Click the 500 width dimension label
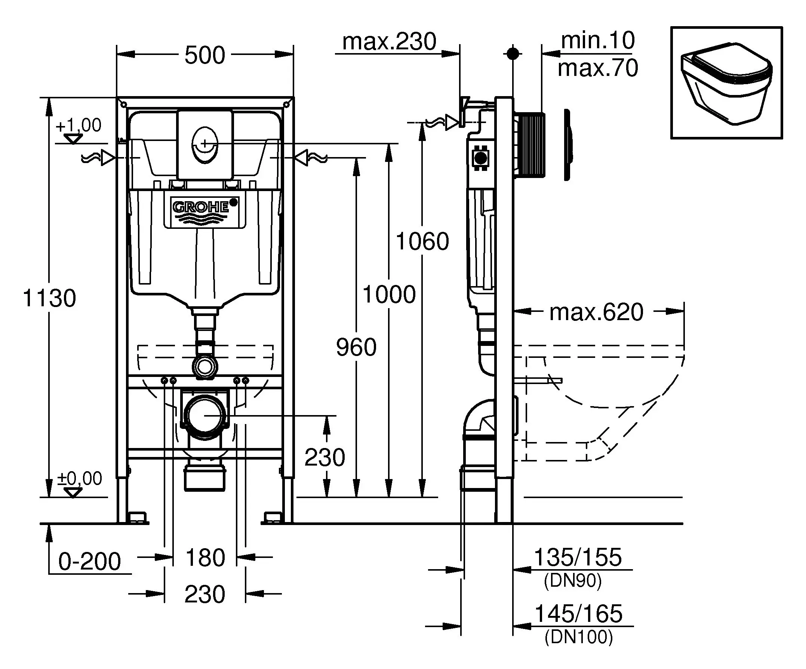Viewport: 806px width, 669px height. tap(204, 55)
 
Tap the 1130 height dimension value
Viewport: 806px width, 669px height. tap(49, 298)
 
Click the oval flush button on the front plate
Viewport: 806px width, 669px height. tap(204, 145)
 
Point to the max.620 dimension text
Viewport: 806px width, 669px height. tap(596, 312)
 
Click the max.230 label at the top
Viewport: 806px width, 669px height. tap(389, 42)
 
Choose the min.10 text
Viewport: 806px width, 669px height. tap(598, 40)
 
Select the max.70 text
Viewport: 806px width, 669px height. tap(598, 68)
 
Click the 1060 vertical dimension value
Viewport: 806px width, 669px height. tap(422, 242)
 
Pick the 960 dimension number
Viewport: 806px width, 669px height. tap(356, 347)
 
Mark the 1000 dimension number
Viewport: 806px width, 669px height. tap(389, 294)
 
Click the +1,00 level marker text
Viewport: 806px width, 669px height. tap(79, 125)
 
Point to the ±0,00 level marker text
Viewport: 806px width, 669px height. tap(80, 479)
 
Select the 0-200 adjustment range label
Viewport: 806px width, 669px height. tap(89, 562)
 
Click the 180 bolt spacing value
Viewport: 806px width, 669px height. tap(205, 558)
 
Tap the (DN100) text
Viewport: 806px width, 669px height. tap(578, 637)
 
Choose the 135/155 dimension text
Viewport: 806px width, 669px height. tap(578, 557)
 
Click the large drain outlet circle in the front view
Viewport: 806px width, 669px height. tap(204, 416)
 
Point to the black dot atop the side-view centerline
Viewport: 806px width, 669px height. tap(513, 54)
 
